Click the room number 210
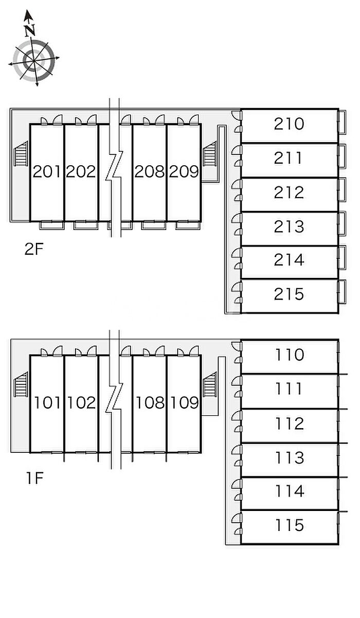pos(289,124)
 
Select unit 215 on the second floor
pos(289,294)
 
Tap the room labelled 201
pos(47,172)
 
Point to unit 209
pos(184,172)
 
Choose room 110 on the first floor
pos(290,355)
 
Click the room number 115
pos(290,525)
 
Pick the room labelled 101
pos(47,402)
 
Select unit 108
pos(150,402)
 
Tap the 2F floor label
pos(34,250)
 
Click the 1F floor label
pos(34,479)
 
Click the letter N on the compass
pos(30,30)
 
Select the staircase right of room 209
pos(210,155)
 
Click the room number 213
pos(289,226)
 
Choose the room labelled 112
pos(290,423)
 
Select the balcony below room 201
pos(51,225)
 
